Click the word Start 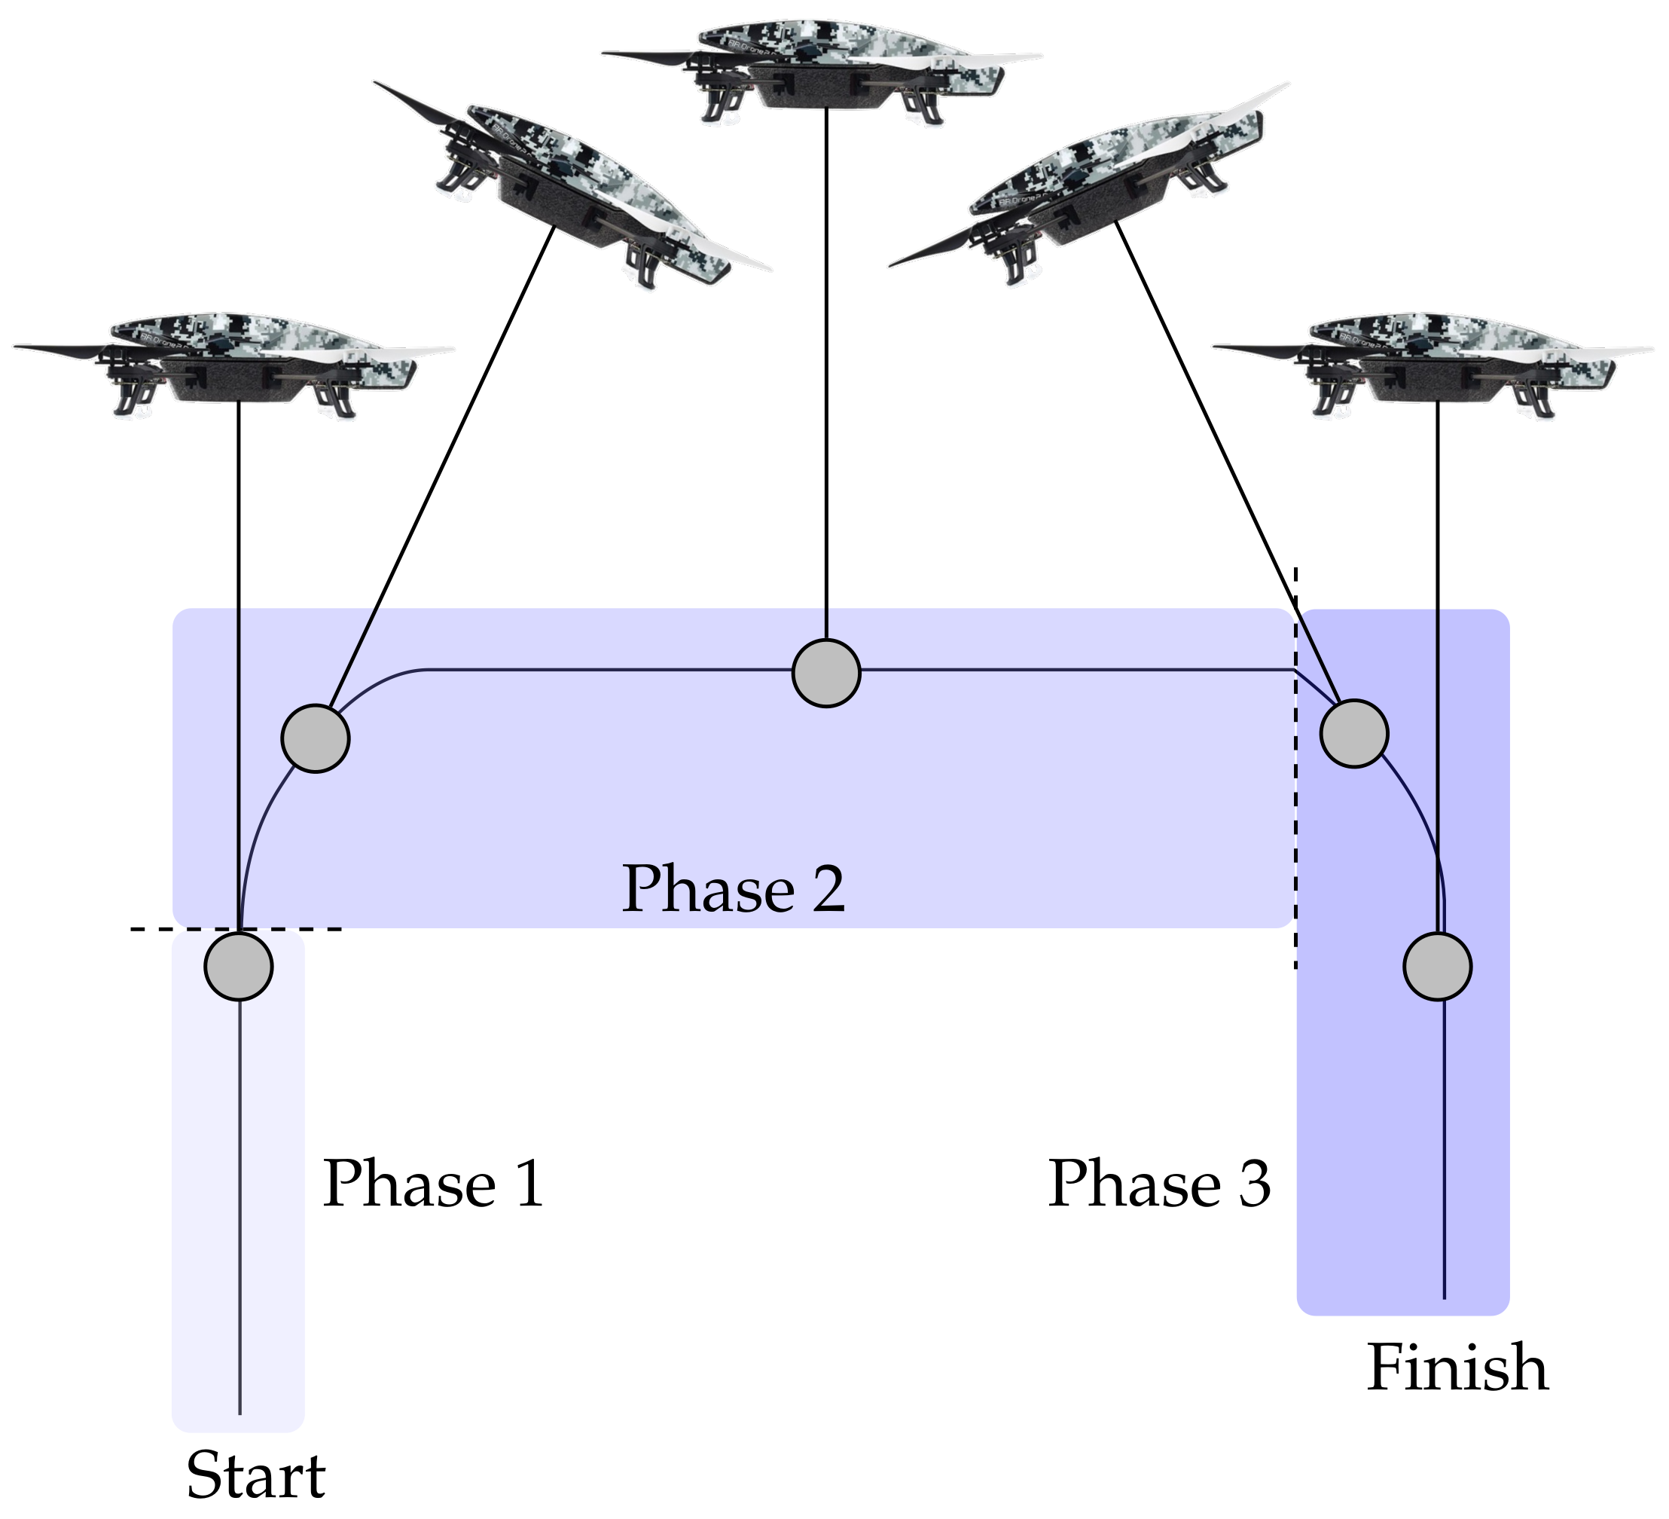click(256, 1475)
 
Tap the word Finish click(1457, 1368)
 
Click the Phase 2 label click(734, 888)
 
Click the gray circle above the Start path click(239, 966)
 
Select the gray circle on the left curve click(316, 738)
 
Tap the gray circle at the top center click(826, 673)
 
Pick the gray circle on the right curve click(1353, 733)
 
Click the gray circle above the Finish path click(1437, 966)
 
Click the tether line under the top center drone click(826, 373)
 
